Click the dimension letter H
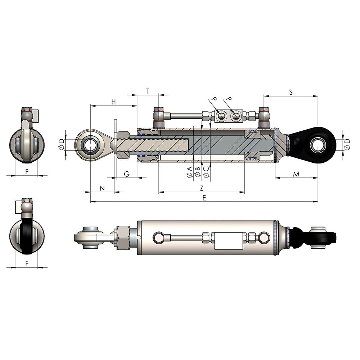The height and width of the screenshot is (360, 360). pos(113,102)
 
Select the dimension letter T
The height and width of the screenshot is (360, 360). pos(148,91)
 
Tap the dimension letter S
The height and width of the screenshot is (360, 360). pos(291,92)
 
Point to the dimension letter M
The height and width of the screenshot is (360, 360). pos(296,174)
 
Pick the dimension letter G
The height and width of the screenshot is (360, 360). pos(127,174)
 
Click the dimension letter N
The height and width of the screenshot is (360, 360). pos(102,188)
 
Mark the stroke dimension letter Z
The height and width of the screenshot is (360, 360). pos(202,188)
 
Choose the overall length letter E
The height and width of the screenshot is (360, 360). pos(204,198)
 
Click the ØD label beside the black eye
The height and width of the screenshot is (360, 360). pos(347,145)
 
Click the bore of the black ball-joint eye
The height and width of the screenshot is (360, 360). pos(318,145)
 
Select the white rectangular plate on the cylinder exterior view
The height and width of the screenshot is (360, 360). pos(228,240)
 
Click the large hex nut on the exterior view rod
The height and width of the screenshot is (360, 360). pos(123,238)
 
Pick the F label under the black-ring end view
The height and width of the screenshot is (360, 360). pos(27,264)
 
